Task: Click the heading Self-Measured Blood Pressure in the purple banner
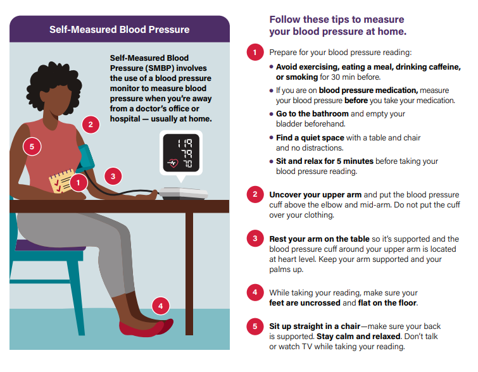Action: [x=119, y=30]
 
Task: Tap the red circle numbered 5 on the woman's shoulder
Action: [x=32, y=147]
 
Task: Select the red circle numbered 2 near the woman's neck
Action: [x=91, y=124]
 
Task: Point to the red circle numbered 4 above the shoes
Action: [x=161, y=306]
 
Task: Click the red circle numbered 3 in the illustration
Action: [x=113, y=176]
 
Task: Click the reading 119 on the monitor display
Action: [x=185, y=143]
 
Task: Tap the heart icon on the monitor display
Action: [x=173, y=163]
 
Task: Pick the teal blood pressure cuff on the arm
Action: [x=86, y=157]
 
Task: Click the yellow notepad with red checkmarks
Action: [x=61, y=181]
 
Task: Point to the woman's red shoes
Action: [x=146, y=328]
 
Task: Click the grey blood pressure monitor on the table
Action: [x=183, y=194]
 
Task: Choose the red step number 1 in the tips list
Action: [x=255, y=52]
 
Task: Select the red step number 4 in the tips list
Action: [x=255, y=292]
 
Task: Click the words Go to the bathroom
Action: [x=312, y=114]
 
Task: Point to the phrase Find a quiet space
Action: [x=310, y=138]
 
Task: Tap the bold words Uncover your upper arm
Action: [x=315, y=195]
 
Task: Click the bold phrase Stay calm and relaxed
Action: [x=358, y=337]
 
